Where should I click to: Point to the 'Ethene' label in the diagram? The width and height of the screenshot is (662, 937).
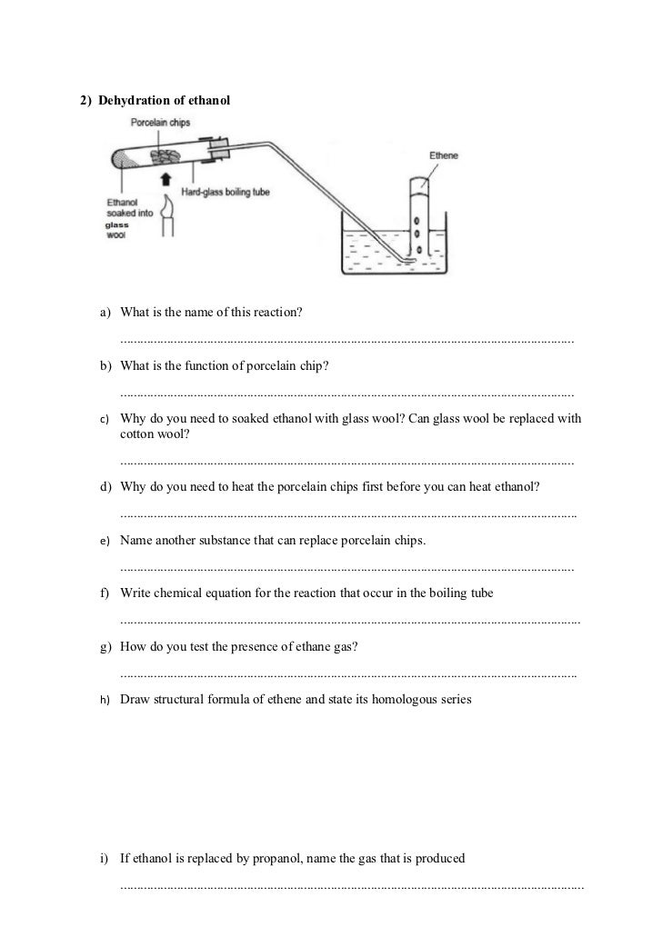click(445, 156)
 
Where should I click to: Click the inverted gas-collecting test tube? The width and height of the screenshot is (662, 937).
click(417, 214)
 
